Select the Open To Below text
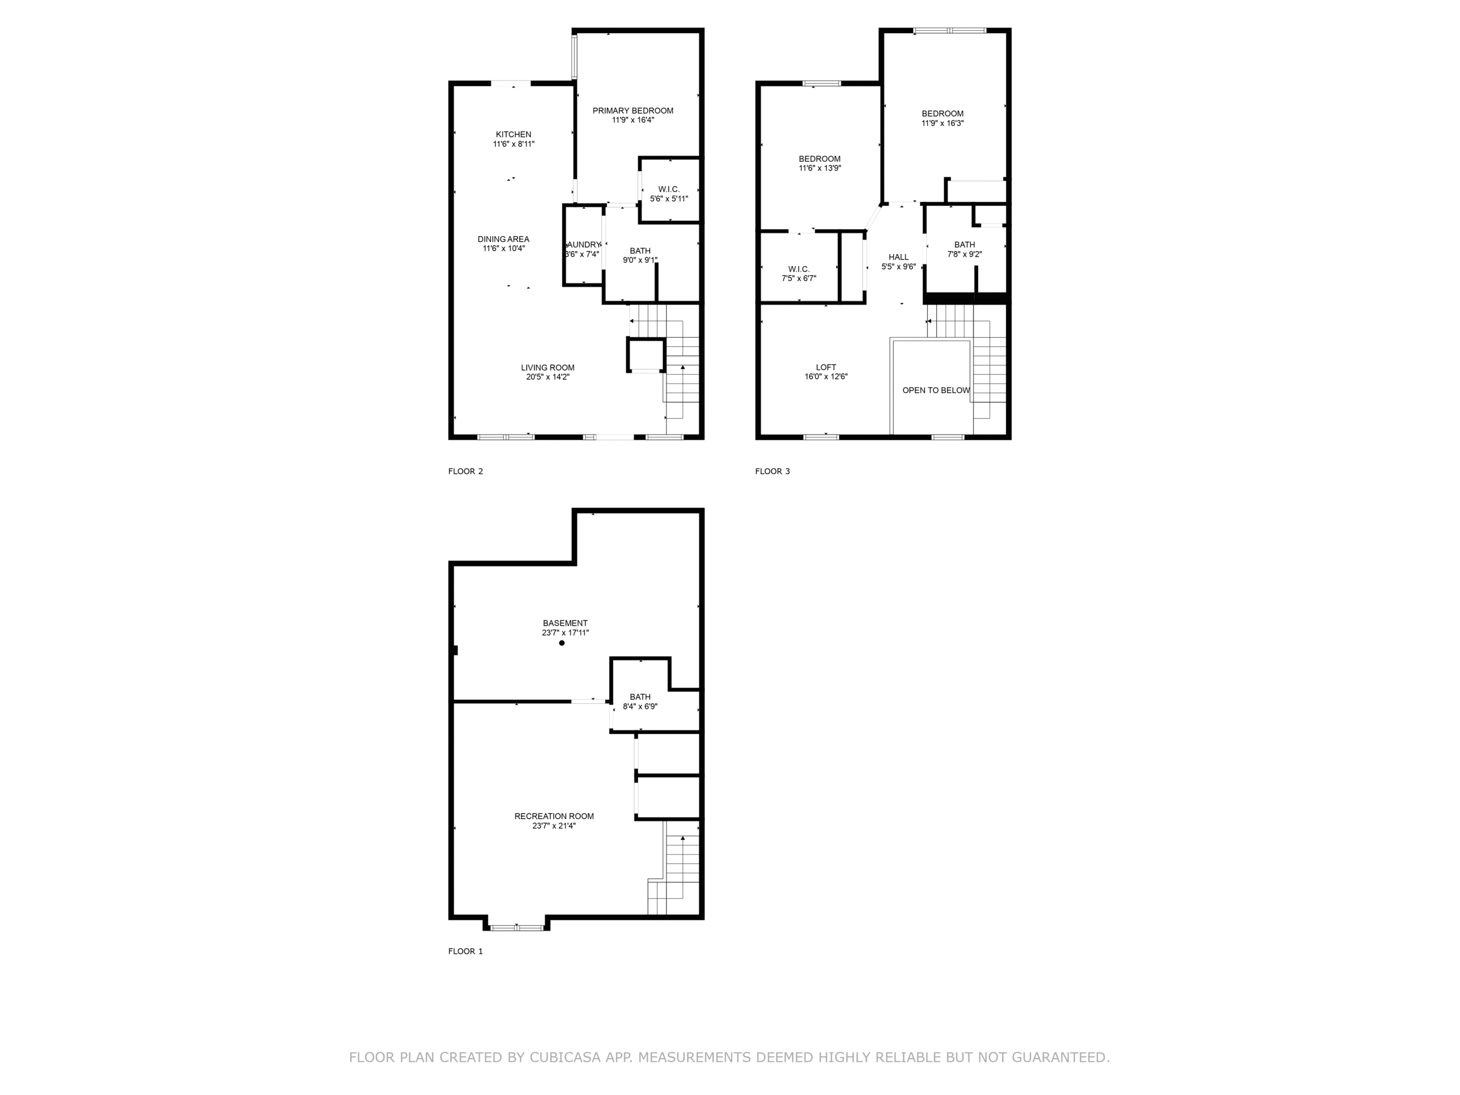click(936, 391)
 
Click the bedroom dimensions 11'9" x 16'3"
click(943, 123)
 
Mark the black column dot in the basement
click(562, 643)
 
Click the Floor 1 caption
click(465, 951)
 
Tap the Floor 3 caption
click(772, 471)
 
